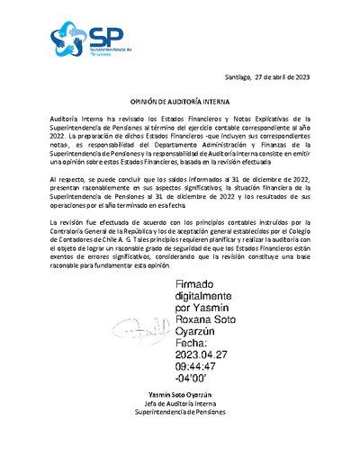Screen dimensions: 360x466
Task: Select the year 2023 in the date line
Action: (300, 79)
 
